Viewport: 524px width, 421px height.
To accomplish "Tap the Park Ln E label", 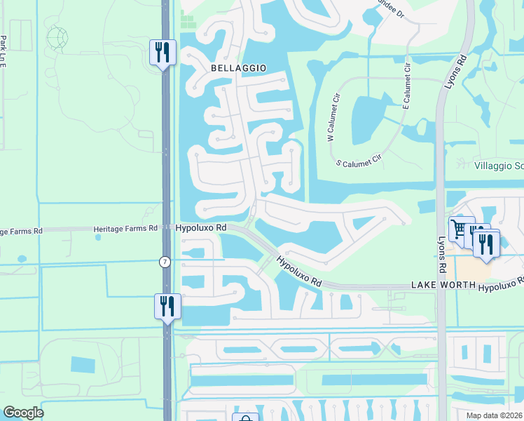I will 4,51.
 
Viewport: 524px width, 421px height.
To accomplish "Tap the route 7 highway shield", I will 165,262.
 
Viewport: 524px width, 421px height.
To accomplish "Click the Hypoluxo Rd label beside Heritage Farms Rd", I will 201,228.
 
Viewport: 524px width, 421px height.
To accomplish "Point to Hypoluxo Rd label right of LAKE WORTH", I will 500,283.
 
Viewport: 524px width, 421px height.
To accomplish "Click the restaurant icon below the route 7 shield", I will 167,306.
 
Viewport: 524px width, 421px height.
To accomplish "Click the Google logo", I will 23,413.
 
